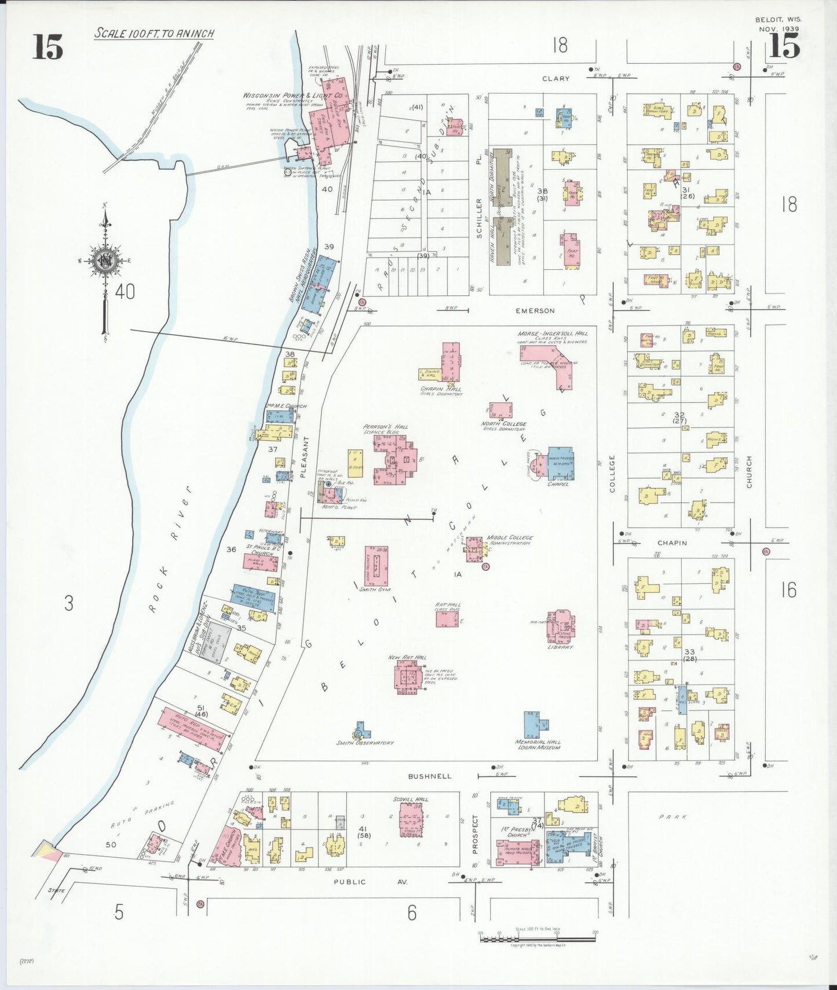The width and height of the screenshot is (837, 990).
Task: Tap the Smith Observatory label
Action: pos(365,743)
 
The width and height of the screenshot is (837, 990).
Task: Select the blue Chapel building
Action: pos(560,463)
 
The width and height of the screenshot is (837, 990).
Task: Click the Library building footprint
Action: pos(561,626)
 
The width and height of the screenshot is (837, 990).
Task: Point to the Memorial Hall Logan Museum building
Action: pos(536,724)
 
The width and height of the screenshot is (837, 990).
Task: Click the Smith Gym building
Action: pos(377,566)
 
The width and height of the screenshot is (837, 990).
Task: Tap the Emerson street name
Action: pos(535,311)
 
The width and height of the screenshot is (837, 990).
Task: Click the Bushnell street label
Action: pos(429,776)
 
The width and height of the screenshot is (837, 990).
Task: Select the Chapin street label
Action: pos(672,543)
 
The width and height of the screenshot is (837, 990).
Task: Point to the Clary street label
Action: pos(555,79)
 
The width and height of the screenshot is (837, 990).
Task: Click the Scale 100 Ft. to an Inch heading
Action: pos(154,34)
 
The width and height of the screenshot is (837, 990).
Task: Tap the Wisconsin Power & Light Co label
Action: pos(292,95)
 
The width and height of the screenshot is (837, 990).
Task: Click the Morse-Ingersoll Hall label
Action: pos(552,334)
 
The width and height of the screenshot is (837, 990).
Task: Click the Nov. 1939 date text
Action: pos(778,28)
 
